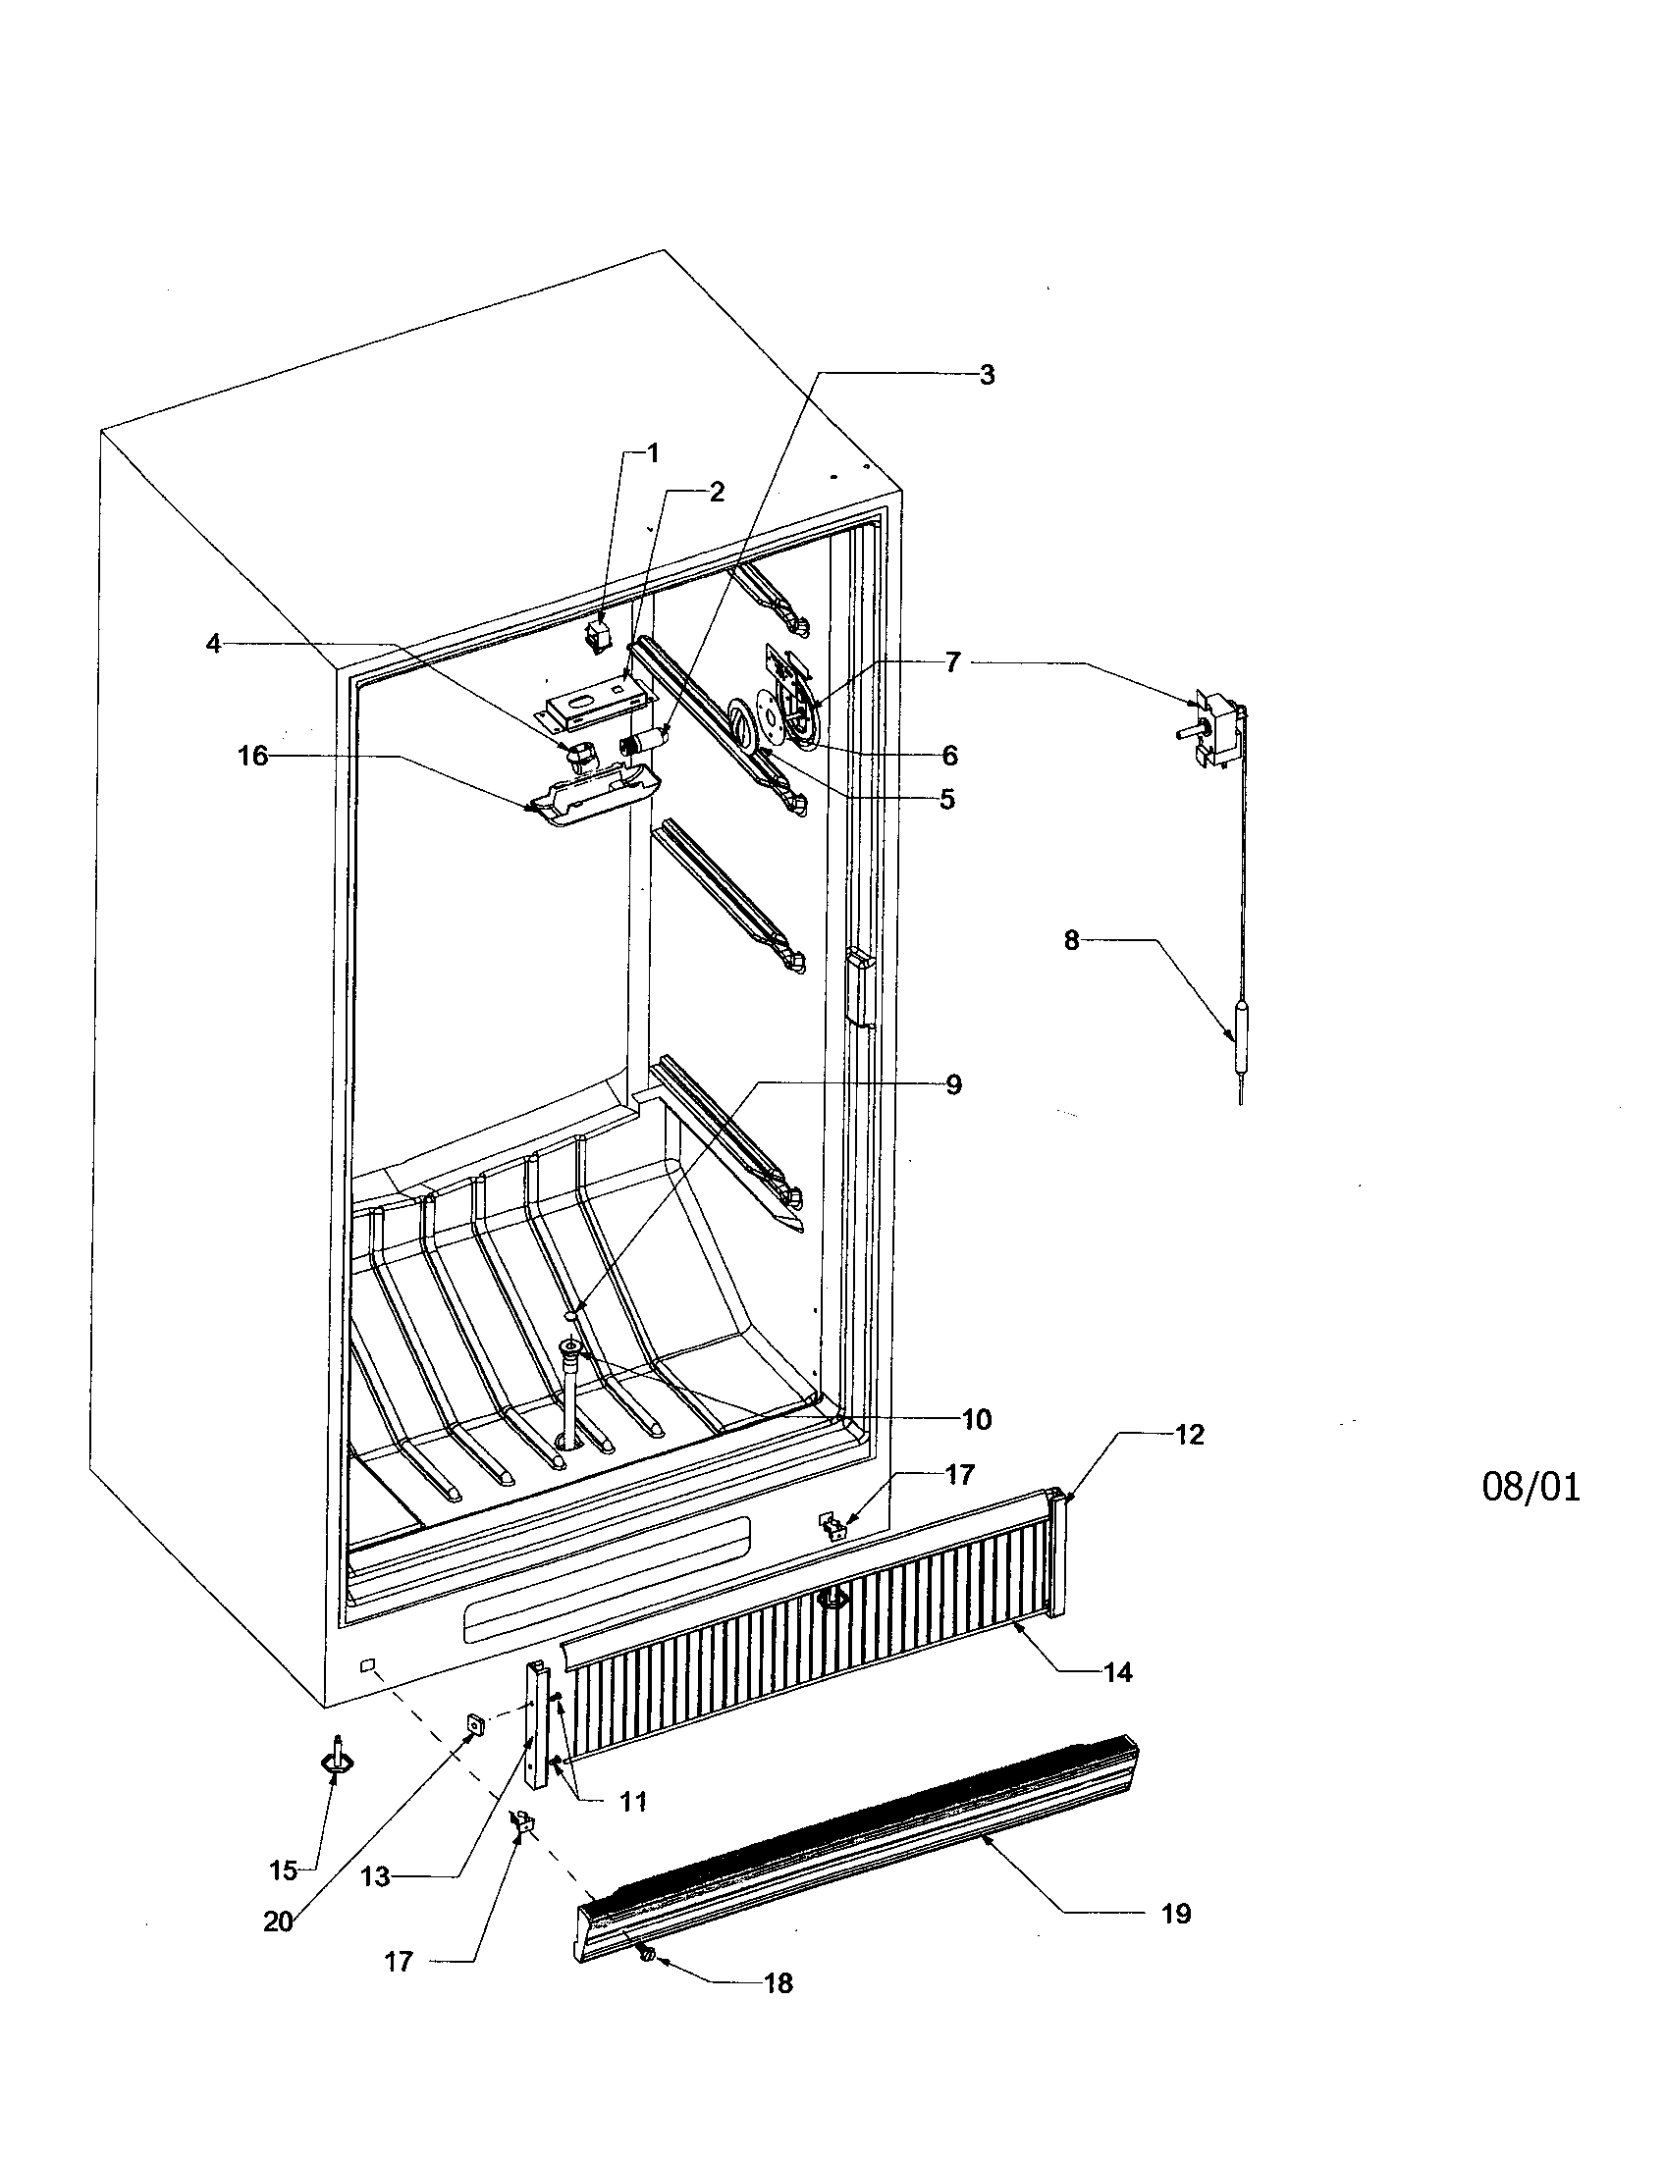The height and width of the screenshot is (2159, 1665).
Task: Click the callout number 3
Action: click(986, 375)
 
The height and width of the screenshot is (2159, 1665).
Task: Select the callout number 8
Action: click(1072, 940)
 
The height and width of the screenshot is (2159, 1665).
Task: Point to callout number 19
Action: click(1174, 1914)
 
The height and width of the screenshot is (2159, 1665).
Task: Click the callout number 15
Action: click(283, 1870)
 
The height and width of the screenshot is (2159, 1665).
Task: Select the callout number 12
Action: click(1190, 1435)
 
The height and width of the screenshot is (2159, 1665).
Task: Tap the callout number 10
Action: click(976, 1420)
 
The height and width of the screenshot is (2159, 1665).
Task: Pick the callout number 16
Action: click(252, 757)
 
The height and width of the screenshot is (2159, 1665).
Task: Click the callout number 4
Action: click(213, 644)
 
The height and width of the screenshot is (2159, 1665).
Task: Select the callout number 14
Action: click(1117, 1671)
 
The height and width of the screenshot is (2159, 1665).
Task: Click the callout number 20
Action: click(278, 1922)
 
